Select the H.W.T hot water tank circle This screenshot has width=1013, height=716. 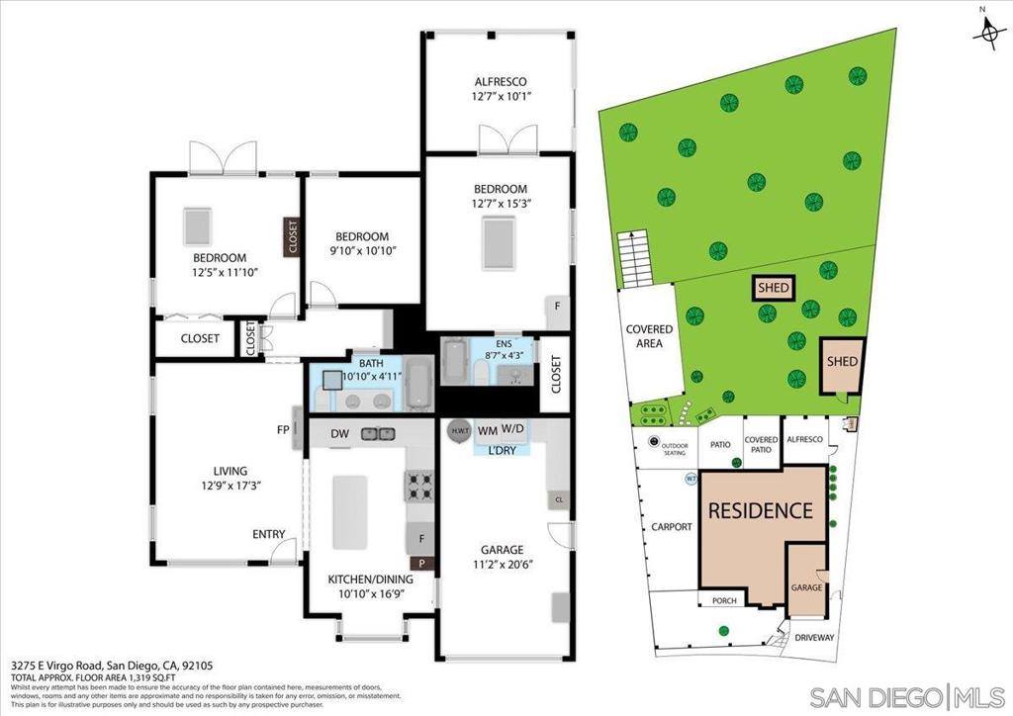click(459, 431)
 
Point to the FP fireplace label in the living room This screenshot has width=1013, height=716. click(284, 430)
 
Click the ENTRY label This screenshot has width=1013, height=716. click(268, 535)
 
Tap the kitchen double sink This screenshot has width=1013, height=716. click(377, 433)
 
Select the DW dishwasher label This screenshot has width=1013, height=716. click(338, 433)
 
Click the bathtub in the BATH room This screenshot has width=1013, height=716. click(417, 385)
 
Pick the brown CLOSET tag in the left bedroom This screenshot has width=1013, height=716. click(292, 237)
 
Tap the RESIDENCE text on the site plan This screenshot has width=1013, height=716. click(760, 511)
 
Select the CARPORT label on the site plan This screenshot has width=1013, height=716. click(671, 527)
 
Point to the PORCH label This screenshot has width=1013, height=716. click(717, 600)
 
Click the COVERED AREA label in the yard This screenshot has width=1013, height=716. click(649, 336)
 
